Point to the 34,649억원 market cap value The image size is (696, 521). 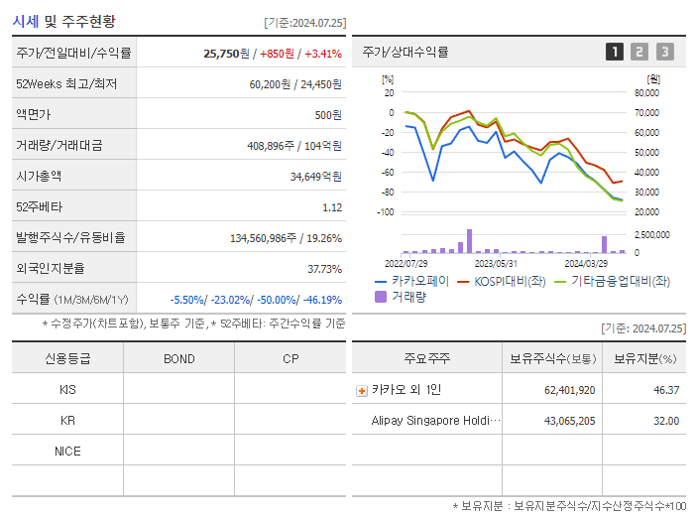(315, 177)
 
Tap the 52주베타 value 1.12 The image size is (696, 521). (332, 207)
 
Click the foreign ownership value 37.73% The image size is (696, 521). (324, 269)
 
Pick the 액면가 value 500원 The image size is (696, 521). (328, 115)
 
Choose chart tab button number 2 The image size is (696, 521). (639, 53)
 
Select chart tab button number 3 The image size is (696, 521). (664, 53)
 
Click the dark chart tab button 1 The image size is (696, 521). (615, 53)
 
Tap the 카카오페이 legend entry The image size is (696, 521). (411, 282)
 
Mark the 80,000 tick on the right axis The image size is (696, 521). (646, 93)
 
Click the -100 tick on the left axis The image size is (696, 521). (386, 212)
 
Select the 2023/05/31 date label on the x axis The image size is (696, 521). (496, 264)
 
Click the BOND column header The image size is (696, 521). (178, 358)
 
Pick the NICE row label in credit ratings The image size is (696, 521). (67, 452)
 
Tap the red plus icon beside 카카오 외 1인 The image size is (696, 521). (361, 391)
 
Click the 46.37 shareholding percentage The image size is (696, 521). (666, 390)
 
